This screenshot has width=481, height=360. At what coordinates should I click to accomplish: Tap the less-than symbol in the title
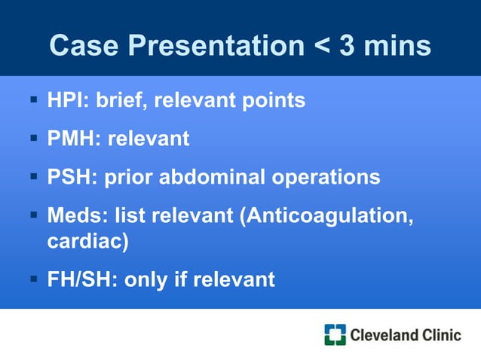316,47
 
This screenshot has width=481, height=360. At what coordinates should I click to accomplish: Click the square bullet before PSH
35,178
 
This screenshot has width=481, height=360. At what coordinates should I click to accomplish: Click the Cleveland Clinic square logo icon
335,334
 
